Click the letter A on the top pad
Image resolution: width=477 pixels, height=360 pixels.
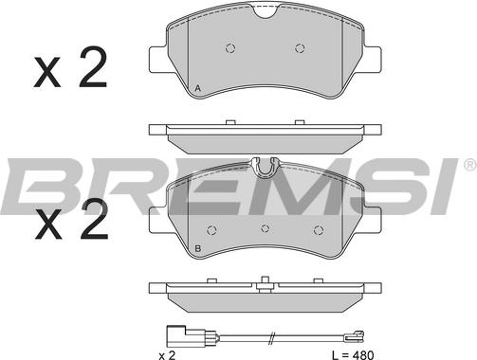198,88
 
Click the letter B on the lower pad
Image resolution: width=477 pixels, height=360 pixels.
198,249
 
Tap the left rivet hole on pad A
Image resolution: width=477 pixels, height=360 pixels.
230,48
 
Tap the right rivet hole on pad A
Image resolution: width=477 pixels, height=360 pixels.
300,48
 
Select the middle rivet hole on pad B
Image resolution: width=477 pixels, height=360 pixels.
266,228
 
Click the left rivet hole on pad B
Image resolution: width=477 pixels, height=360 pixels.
211,230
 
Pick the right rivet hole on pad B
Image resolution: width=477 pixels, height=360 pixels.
319,230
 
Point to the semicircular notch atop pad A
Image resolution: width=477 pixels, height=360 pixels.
266,12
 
